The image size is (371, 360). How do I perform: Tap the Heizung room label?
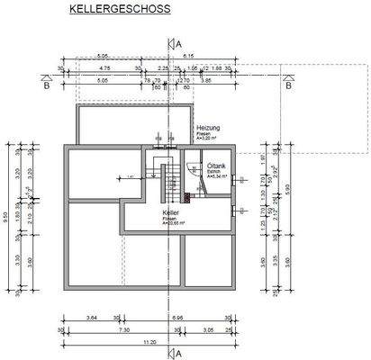(x=209, y=129)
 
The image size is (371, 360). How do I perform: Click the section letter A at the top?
(x=179, y=42)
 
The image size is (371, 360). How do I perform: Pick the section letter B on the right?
(x=288, y=86)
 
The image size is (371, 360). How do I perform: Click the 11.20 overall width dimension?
(x=149, y=342)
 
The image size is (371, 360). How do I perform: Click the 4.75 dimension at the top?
(x=105, y=67)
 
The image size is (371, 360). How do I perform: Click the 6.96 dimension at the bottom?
(x=179, y=319)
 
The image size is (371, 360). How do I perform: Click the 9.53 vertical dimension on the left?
(x=7, y=216)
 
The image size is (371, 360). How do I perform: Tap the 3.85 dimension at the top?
(x=206, y=79)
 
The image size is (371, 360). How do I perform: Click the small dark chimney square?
(x=187, y=196)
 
